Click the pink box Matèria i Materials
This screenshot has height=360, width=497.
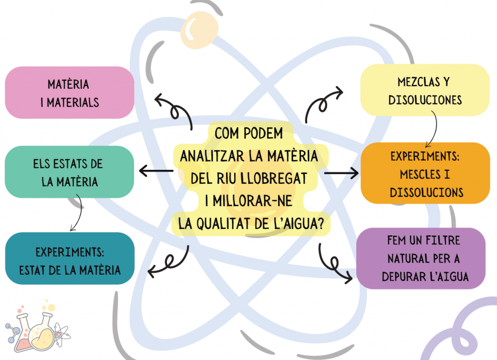69,93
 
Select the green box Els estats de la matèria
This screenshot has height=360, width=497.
69,172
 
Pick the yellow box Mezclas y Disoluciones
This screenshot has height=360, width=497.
425,90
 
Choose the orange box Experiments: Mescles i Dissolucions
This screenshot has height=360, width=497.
425,174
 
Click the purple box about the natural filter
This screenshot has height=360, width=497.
421,258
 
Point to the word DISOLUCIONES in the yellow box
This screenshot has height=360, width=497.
425,100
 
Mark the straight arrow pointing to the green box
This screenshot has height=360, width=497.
156,171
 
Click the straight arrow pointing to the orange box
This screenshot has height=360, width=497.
341,172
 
